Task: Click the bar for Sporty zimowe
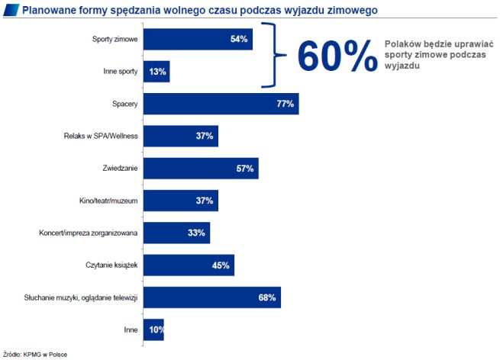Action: [197, 39]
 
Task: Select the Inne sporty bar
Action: [156, 72]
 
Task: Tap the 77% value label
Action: [285, 104]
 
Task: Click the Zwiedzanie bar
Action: [200, 168]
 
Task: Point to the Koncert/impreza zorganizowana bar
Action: [176, 233]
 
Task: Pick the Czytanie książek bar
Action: [188, 265]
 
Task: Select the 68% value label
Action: [266, 297]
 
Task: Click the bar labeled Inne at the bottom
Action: [153, 329]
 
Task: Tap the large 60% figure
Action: [337, 55]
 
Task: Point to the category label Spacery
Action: [124, 104]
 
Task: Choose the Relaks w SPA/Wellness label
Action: [101, 136]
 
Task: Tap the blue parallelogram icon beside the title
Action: [11, 10]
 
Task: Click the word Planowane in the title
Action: [46, 10]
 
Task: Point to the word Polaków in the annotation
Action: [402, 45]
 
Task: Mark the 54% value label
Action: [240, 39]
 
